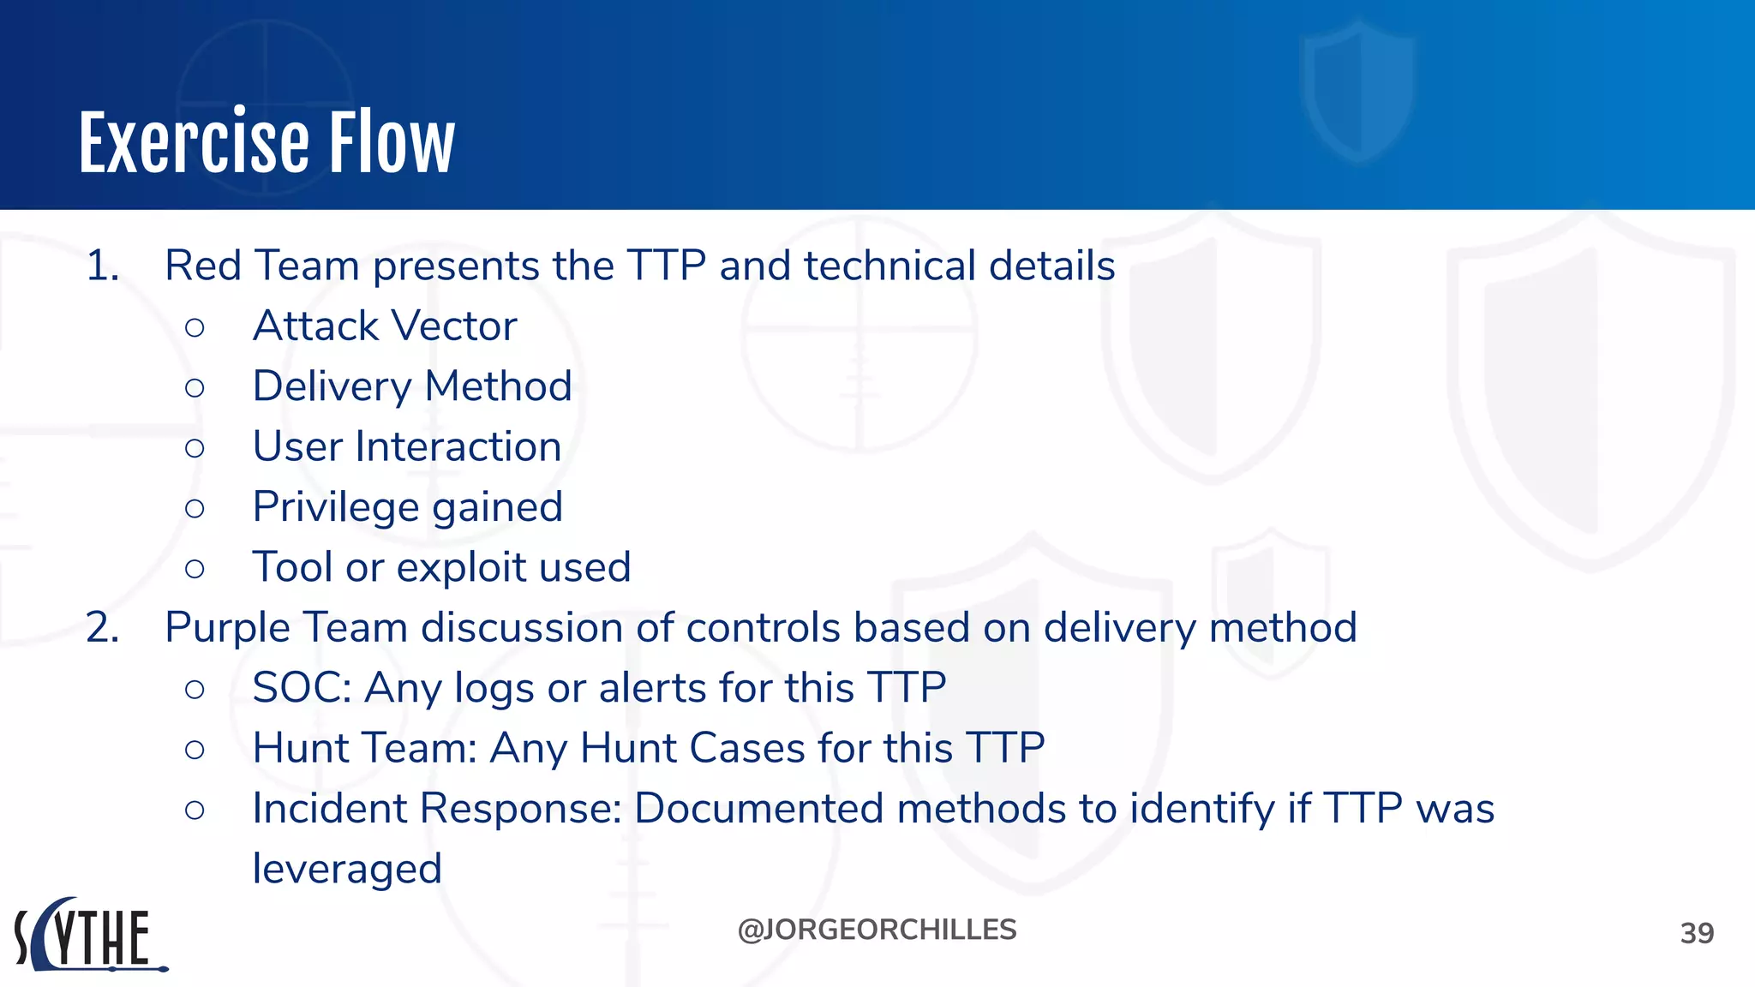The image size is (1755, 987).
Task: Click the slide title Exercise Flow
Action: click(x=267, y=143)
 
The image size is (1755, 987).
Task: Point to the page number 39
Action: click(x=1696, y=933)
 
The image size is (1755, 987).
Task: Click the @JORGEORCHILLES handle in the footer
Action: click(x=877, y=930)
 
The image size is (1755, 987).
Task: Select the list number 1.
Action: click(x=101, y=266)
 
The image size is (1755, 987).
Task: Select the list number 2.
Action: click(x=101, y=628)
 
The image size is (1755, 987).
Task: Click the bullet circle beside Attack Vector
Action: click(x=195, y=327)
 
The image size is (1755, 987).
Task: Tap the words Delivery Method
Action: click(x=412, y=386)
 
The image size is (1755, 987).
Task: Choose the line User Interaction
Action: click(x=407, y=446)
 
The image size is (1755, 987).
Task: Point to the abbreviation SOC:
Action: click(x=302, y=688)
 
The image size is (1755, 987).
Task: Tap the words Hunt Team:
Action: click(x=364, y=748)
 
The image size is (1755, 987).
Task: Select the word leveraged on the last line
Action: click(x=347, y=870)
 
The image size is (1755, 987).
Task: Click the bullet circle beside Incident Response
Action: click(x=195, y=810)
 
